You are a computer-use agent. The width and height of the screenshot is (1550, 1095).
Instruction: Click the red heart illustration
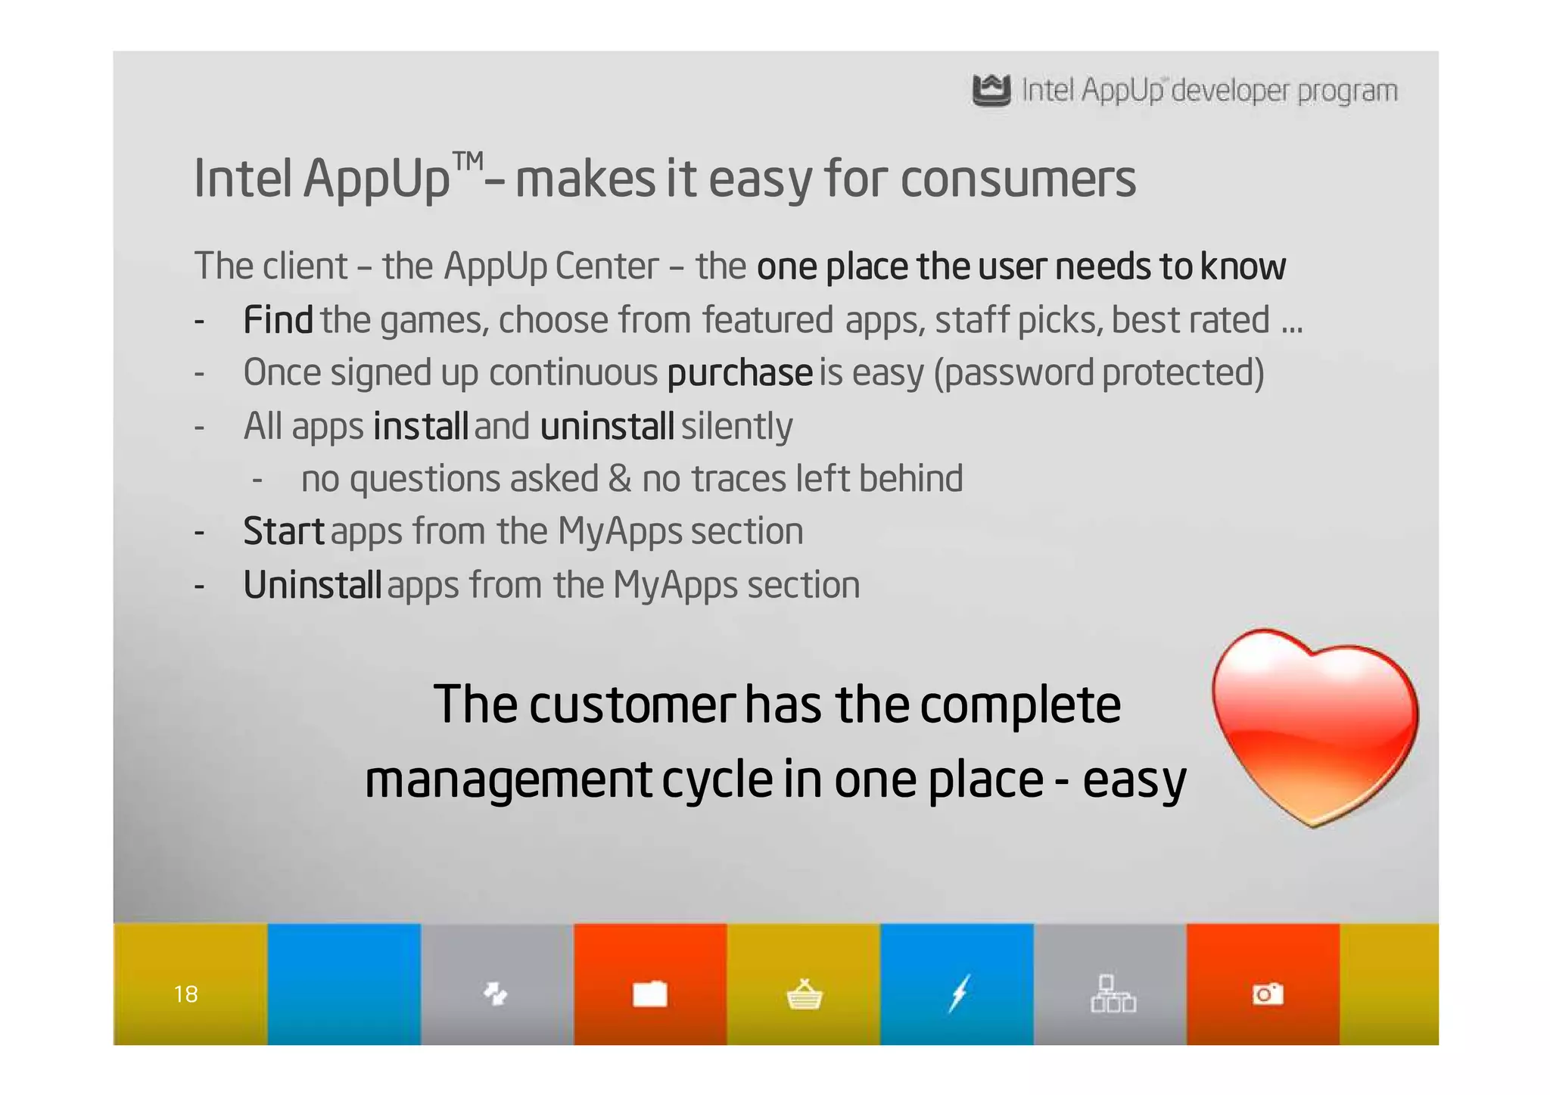tap(1315, 725)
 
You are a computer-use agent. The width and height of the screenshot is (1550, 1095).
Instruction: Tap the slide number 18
tap(185, 994)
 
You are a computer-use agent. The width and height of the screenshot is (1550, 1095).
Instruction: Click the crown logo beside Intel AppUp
tap(991, 91)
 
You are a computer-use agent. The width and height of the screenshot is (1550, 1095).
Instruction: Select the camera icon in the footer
tap(1268, 994)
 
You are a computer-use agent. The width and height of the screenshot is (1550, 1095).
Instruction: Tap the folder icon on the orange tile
tap(650, 994)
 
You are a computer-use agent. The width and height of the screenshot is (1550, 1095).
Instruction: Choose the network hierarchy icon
tap(1113, 994)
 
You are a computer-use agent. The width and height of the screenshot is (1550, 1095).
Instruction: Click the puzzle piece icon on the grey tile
tap(496, 993)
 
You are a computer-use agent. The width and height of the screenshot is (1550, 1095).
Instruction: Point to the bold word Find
tap(278, 319)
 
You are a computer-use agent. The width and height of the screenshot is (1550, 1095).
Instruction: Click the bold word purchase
tap(739, 373)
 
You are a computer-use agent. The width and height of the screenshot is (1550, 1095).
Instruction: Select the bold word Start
tap(284, 531)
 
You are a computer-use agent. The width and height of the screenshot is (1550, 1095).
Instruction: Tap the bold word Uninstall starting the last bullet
tap(312, 585)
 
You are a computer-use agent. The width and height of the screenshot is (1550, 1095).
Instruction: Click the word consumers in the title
tap(1018, 179)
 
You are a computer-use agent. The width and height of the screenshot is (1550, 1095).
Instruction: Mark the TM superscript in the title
tap(468, 161)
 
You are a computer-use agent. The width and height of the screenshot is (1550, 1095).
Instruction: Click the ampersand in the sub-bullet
tap(620, 479)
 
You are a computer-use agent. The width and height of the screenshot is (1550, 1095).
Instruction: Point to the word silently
tap(736, 426)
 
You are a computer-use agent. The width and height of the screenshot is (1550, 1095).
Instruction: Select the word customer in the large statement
tap(631, 705)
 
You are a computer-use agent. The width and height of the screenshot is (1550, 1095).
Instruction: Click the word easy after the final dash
tap(1134, 780)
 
